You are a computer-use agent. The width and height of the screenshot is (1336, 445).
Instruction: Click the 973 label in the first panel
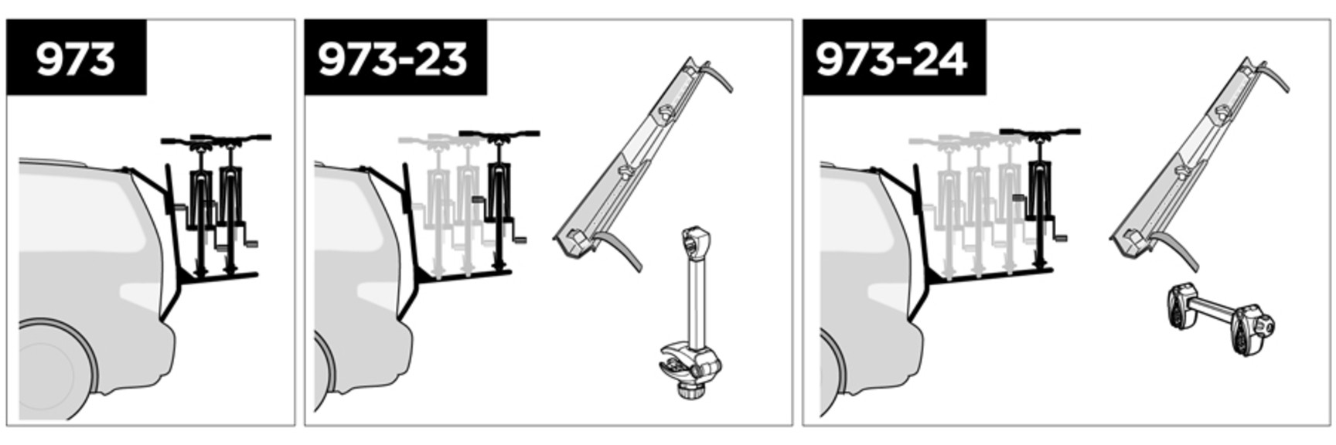point(75,59)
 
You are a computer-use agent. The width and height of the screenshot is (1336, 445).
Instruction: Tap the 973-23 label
point(393,59)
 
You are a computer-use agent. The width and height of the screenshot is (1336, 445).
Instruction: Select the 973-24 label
point(891,59)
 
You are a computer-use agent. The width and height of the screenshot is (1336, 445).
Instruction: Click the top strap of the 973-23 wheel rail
point(715,75)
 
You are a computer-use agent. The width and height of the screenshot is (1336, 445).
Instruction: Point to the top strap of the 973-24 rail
point(1272,75)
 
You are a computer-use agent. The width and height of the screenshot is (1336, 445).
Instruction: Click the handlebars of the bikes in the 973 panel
point(216,140)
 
